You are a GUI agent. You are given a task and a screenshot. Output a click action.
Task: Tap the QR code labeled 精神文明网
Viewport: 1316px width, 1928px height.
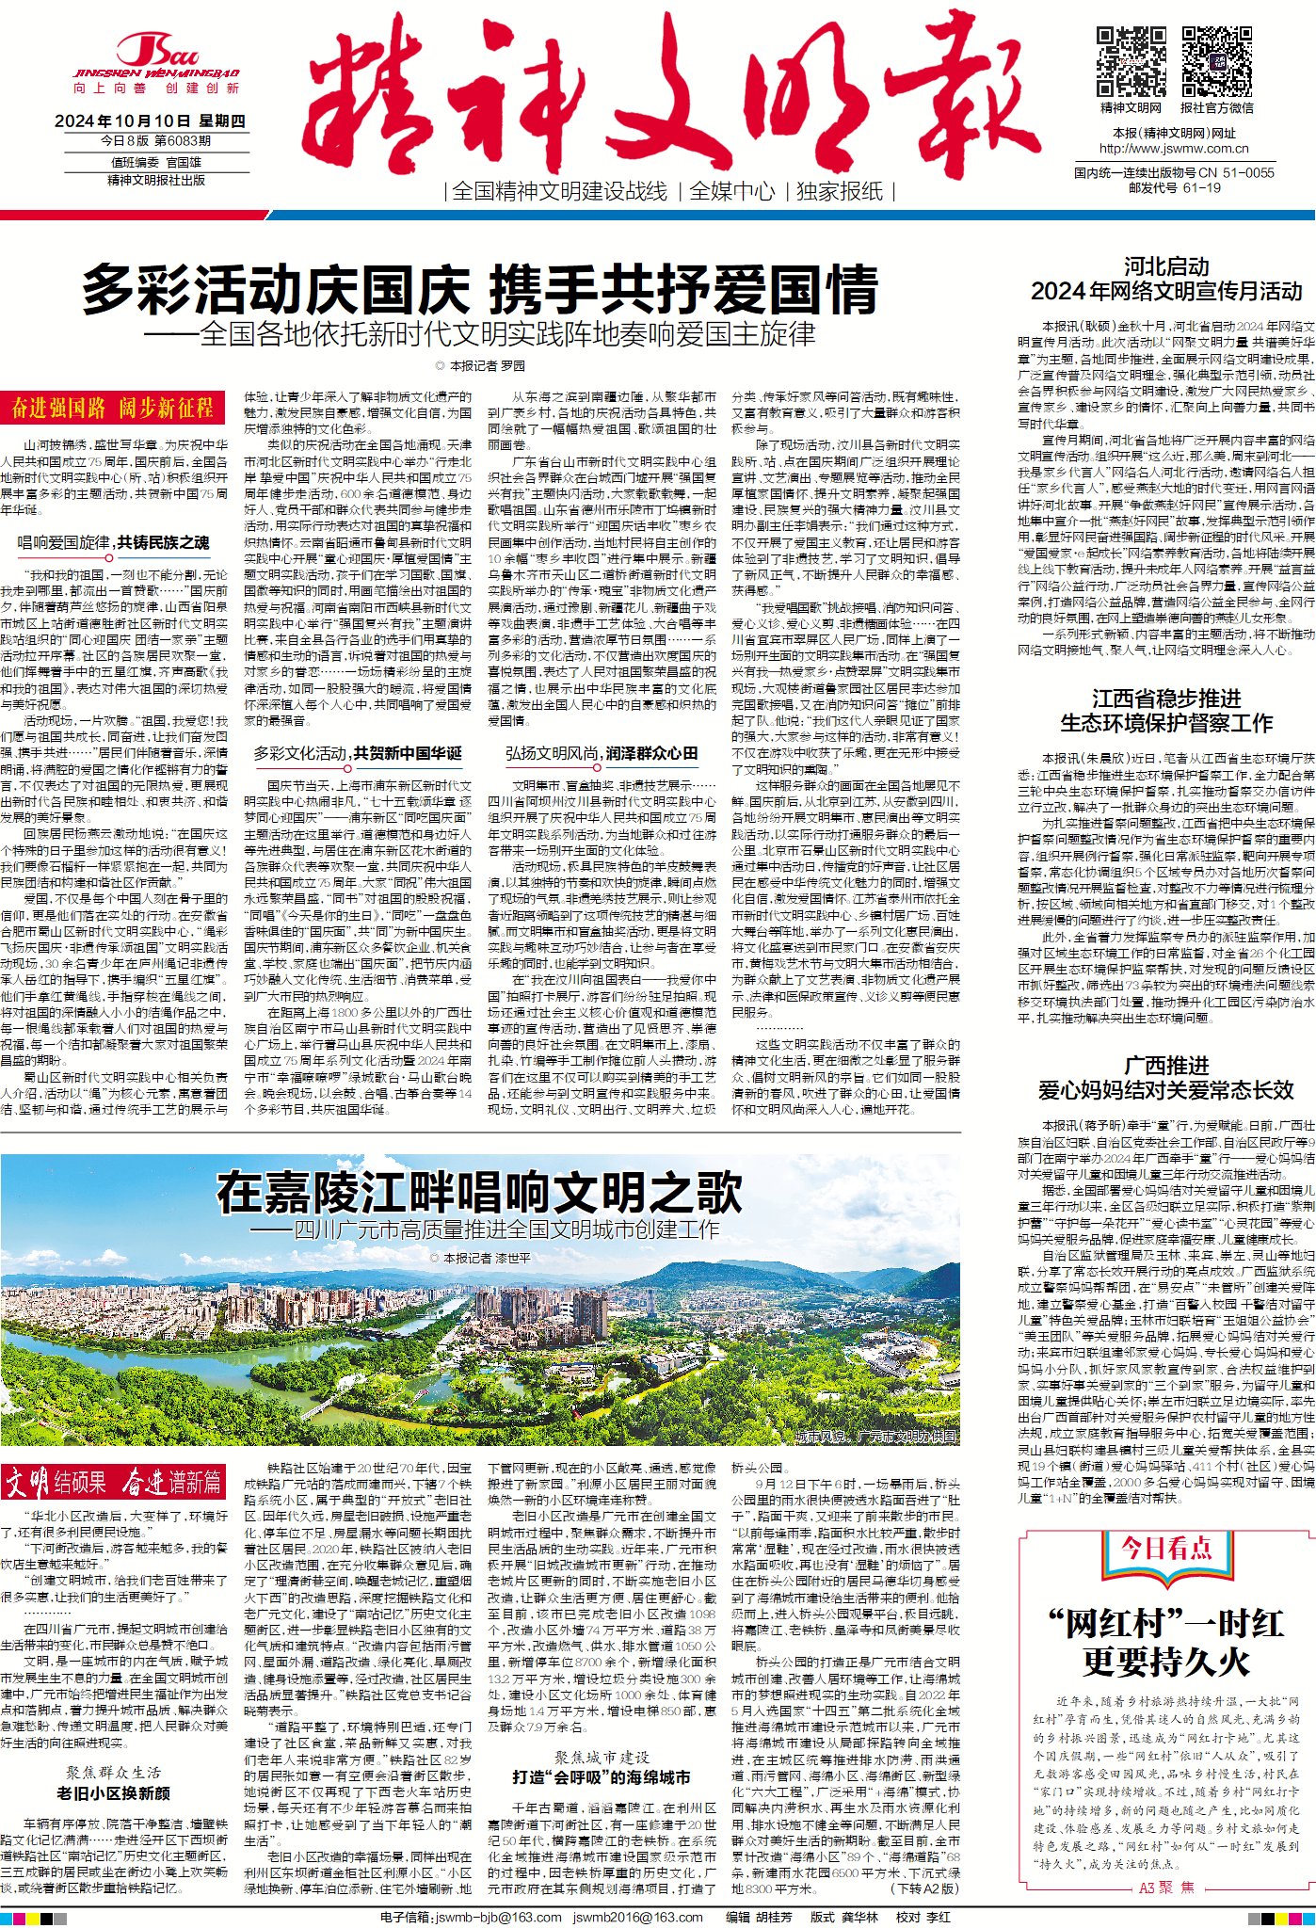tap(1131, 62)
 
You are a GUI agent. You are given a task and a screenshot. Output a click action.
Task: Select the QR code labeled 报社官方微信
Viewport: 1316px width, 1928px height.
tap(1216, 62)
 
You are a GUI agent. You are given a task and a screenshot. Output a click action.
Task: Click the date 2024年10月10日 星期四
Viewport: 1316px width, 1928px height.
tap(150, 121)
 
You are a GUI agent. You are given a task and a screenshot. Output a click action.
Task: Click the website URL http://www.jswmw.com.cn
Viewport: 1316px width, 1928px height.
tap(1174, 149)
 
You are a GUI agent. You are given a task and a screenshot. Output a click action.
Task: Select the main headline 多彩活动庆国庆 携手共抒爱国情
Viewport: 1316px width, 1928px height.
tap(480, 289)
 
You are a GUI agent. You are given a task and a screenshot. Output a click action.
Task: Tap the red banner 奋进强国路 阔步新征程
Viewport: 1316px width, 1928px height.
tap(113, 408)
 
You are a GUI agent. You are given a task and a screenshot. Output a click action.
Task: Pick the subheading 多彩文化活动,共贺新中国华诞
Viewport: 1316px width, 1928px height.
tap(358, 753)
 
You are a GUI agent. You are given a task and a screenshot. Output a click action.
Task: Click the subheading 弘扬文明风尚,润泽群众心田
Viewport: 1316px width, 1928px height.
tap(602, 753)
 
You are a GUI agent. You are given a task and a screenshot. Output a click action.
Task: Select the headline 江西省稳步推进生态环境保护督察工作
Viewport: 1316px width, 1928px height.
tap(1166, 711)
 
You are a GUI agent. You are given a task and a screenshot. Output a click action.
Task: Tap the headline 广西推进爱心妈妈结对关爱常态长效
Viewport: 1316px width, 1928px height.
tap(1166, 1078)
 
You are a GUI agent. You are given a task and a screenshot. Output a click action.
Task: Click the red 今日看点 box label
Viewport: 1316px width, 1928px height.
tap(1166, 1549)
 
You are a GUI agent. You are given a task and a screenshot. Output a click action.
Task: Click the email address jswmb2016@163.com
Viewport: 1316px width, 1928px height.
tap(638, 1918)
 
